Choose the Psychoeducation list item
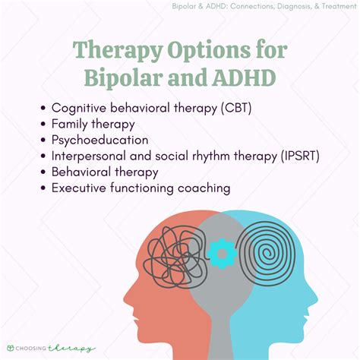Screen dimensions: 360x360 (x=100, y=140)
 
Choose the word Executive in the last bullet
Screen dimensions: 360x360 (x=81, y=188)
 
